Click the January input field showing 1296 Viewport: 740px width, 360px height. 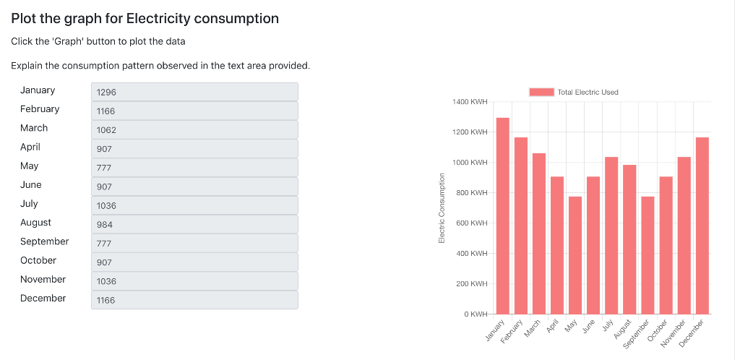pyautogui.click(x=194, y=92)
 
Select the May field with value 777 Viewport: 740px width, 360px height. pyautogui.click(x=194, y=168)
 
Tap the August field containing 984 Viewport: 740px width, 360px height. pyautogui.click(x=194, y=224)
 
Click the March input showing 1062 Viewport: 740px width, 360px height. pyautogui.click(x=194, y=130)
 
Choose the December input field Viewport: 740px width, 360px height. pyautogui.click(x=194, y=300)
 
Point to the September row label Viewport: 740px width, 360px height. pyautogui.click(x=44, y=241)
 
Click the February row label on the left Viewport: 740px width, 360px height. pyautogui.click(x=40, y=109)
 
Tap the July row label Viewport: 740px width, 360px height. pyautogui.click(x=29, y=204)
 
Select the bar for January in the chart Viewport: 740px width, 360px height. pyautogui.click(x=502, y=217)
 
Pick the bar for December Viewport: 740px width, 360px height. pyautogui.click(x=702, y=226)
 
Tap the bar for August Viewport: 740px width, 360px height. pyautogui.click(x=629, y=239)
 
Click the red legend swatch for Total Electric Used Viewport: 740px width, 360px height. pyautogui.click(x=541, y=92)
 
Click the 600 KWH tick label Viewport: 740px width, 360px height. pyautogui.click(x=473, y=223)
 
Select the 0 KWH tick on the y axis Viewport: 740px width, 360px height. pyautogui.click(x=477, y=314)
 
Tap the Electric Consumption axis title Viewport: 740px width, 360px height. pyautogui.click(x=442, y=208)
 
